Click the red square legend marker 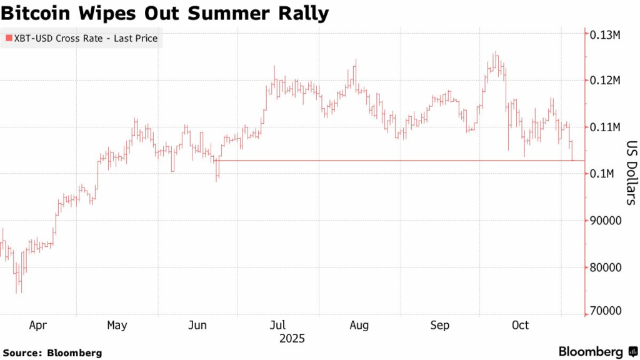coord(9,39)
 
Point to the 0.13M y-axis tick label coord(605,34)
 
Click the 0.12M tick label coord(605,81)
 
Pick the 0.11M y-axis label coord(605,127)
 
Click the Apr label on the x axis coord(37,326)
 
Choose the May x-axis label coord(117,326)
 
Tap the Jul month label coord(278,326)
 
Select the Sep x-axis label coord(440,326)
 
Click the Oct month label coord(520,326)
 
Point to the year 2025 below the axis coord(292,339)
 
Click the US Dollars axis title coord(631,172)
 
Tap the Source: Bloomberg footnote coord(51,352)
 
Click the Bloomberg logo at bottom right coord(597,351)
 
